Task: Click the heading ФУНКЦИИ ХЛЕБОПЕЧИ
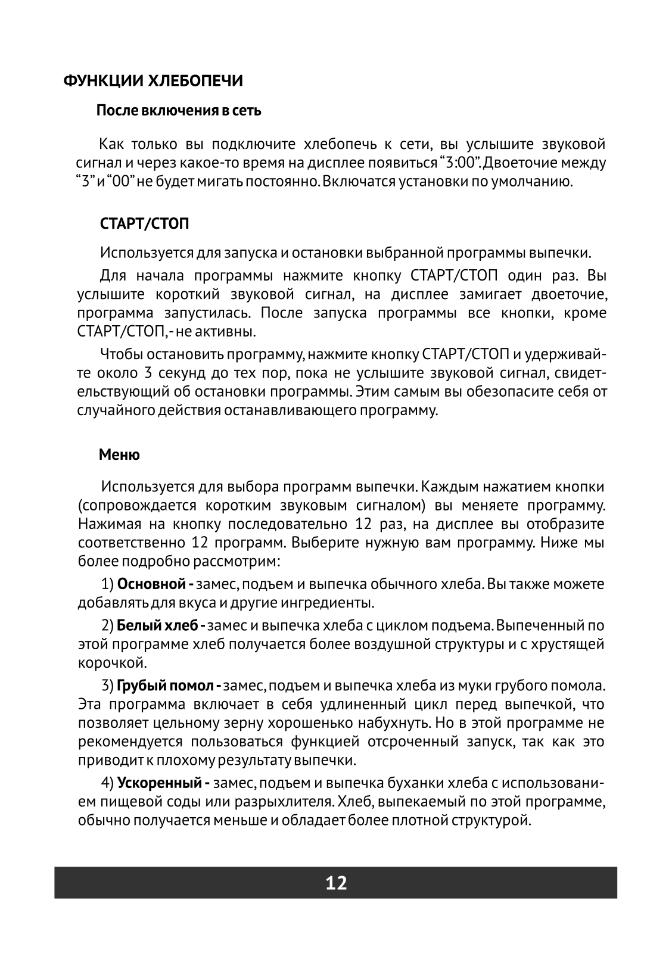153,81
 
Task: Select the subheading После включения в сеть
179,111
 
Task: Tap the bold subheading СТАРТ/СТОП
145,224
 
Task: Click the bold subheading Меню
119,455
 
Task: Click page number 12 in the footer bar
336,882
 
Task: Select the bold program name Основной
151,584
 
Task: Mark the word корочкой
113,662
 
